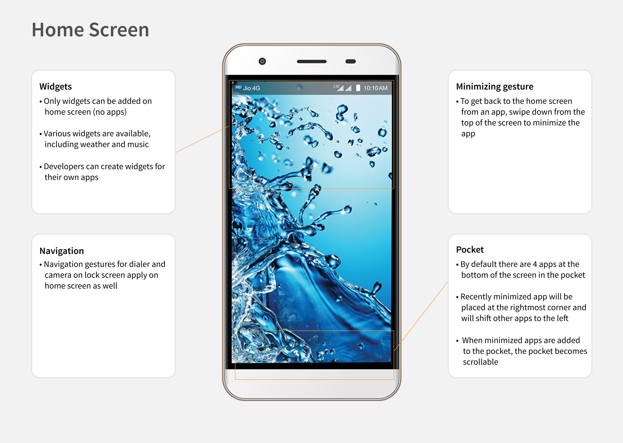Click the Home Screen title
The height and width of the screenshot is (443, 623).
point(90,30)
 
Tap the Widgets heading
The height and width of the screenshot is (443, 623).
point(56,86)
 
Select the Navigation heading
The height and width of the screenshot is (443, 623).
point(62,251)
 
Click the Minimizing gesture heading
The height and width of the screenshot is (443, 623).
point(494,86)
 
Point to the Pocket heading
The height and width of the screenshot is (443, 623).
point(470,250)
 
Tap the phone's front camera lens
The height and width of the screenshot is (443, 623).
point(262,61)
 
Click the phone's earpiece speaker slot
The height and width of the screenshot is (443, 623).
point(311,62)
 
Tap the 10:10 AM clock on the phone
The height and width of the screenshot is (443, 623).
point(375,88)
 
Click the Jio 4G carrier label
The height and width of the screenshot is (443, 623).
point(251,88)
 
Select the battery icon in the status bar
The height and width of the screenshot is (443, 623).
point(358,88)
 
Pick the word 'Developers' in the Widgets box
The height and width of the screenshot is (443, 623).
point(64,166)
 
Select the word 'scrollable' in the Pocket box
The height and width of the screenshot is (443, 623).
point(480,362)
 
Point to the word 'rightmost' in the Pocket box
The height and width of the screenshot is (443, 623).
point(528,307)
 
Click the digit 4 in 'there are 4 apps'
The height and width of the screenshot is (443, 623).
point(535,264)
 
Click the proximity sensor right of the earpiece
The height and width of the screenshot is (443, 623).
point(351,62)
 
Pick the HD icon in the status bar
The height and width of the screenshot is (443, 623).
point(238,87)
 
